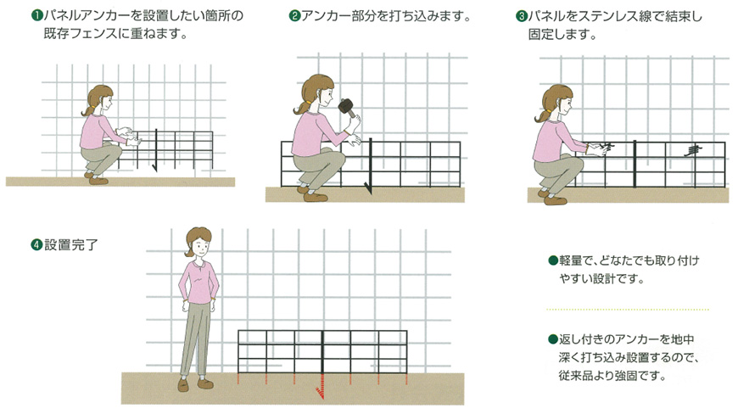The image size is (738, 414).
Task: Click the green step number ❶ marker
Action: pos(36,16)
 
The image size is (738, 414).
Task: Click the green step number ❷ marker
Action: pos(294,16)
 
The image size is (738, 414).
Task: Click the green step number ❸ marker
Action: pos(522,16)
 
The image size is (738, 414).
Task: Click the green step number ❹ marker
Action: pos(36,244)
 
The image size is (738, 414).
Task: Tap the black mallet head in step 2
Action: pos(346,106)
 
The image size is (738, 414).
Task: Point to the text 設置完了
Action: pos(71,244)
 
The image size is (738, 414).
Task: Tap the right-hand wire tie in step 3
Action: pos(692,150)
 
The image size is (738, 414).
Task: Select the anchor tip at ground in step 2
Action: pos(369,190)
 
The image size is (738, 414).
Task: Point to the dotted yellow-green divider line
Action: pos(628,310)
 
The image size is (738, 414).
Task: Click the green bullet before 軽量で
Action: pos(553,260)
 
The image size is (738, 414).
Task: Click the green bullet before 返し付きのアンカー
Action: pos(553,339)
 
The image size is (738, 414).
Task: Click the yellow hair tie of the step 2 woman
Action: pos(308,102)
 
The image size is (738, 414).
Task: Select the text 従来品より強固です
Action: pos(612,376)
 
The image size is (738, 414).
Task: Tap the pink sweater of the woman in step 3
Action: pos(551,140)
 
